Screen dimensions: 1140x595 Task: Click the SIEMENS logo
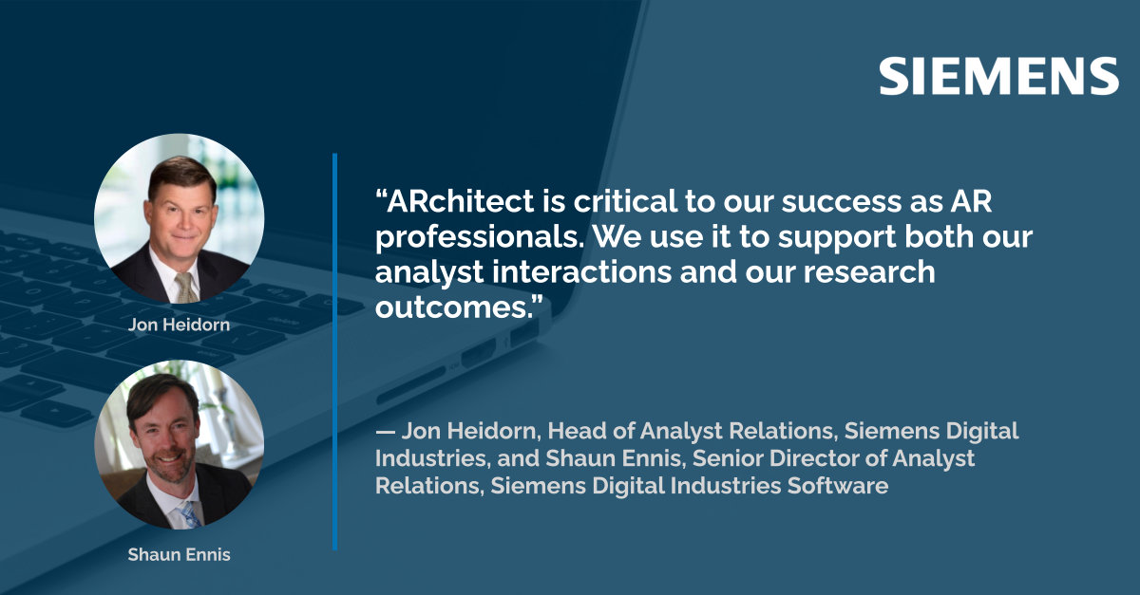click(998, 76)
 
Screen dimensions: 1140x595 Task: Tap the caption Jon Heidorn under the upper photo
click(179, 325)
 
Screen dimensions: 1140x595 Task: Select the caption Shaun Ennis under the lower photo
click(179, 554)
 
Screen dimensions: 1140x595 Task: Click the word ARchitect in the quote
click(454, 201)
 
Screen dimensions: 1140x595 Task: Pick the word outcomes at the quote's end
click(456, 307)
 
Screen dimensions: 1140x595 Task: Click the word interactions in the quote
click(581, 271)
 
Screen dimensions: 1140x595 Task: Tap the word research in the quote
click(869, 271)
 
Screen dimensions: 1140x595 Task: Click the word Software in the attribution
click(838, 485)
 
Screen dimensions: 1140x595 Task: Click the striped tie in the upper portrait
click(186, 287)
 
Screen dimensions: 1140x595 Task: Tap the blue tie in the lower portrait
click(189, 514)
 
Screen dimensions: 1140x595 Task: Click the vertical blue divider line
click(334, 351)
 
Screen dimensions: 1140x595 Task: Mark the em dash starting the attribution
click(386, 432)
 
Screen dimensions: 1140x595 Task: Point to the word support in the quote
click(837, 238)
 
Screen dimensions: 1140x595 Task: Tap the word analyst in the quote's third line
click(429, 273)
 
